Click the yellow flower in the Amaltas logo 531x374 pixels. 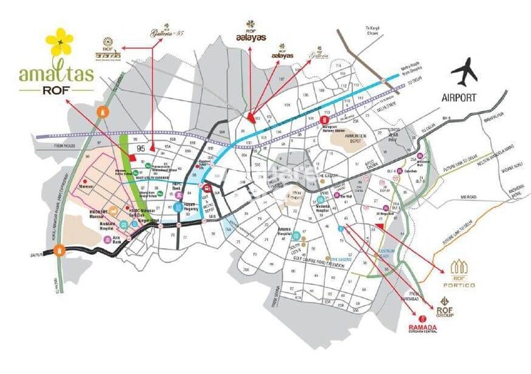pos(59,44)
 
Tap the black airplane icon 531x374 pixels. pos(464,72)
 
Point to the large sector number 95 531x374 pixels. pos(142,148)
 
